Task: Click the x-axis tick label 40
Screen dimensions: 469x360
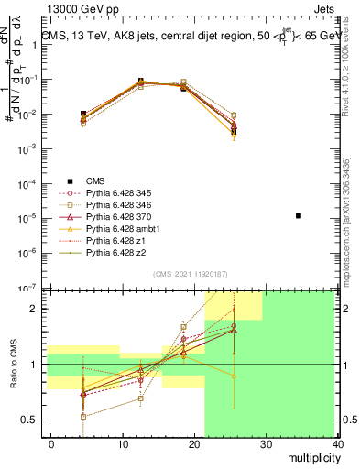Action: click(x=338, y=444)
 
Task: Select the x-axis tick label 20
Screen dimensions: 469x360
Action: click(x=194, y=444)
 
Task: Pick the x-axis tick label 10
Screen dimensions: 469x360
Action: click(x=123, y=444)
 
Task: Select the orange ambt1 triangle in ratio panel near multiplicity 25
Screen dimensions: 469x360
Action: click(x=235, y=376)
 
